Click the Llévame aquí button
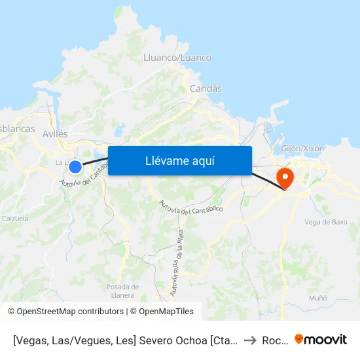pos(179,160)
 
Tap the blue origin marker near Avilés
pos(75,167)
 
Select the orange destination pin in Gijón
pos(285,177)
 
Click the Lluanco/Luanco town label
pos(177,58)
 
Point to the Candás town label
pos(206,88)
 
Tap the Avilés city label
pos(55,134)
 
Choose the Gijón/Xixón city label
pos(302,148)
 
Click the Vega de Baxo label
pos(325,222)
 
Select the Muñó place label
pos(318,298)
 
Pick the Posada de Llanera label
pos(122,291)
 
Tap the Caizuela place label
pos(14,219)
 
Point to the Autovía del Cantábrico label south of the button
pos(191,206)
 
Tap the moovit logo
pos(321,340)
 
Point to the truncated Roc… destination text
pos(273,340)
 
